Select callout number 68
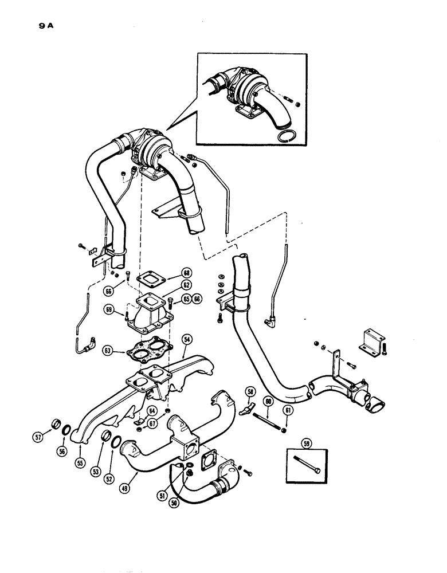pos(187,273)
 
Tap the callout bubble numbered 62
pos(187,284)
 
